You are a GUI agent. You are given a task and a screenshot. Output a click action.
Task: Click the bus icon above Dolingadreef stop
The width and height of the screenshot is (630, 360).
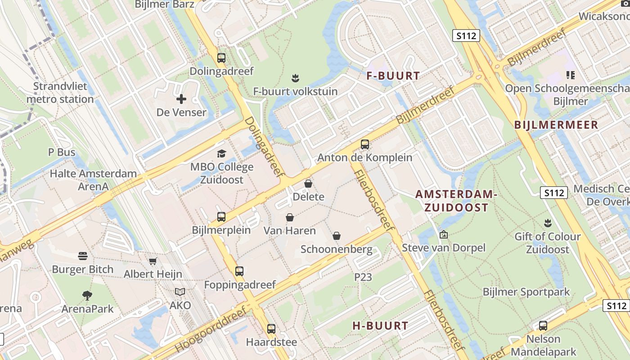[x=221, y=58]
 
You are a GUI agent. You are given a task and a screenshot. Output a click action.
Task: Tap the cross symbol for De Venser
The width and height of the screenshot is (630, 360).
[x=181, y=99]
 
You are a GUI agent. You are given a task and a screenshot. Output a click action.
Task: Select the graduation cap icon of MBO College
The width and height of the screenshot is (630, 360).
[x=221, y=154]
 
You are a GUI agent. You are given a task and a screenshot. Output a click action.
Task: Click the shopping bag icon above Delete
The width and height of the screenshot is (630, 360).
[x=308, y=184]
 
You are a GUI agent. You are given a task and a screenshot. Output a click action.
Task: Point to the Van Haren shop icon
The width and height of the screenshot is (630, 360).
[x=290, y=218]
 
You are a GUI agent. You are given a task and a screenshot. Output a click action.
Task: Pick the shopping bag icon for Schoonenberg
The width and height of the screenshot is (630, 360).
[x=337, y=236]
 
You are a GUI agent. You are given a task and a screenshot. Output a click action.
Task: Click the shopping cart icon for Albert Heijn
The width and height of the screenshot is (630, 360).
[x=153, y=261]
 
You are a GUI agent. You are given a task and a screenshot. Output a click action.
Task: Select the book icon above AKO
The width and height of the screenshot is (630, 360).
[x=180, y=292]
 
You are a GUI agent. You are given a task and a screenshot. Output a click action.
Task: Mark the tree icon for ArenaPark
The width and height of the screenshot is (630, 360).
[x=87, y=296]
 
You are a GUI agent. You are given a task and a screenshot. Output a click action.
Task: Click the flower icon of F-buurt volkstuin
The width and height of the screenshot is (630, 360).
[x=295, y=78]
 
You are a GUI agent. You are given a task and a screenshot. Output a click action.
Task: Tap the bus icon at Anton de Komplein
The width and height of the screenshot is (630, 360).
[x=365, y=144]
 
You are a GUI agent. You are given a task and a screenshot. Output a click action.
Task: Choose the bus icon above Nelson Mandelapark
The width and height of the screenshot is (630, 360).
[x=543, y=326]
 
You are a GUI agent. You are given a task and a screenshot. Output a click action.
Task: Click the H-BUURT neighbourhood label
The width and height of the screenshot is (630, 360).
[x=380, y=326]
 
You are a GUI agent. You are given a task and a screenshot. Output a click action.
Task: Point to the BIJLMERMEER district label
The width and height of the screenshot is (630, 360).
[x=556, y=125]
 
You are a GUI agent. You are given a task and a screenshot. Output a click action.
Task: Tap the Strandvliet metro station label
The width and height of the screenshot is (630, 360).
[x=60, y=93]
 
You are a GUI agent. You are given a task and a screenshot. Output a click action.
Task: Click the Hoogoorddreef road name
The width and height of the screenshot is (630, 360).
[x=211, y=330]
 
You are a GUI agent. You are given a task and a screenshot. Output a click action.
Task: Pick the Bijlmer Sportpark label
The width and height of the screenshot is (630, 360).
[x=526, y=292]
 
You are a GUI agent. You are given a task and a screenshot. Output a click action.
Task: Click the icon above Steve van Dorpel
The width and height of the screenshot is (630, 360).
[x=444, y=234]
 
